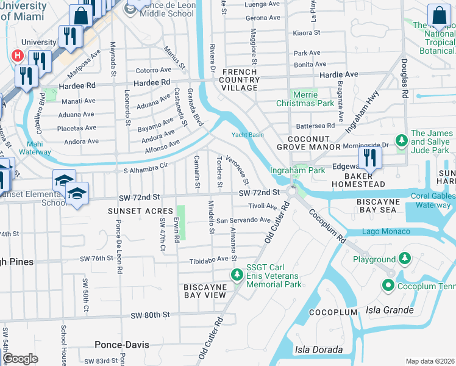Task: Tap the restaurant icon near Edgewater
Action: coord(370,157)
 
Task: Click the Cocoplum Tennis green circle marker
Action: coord(387,285)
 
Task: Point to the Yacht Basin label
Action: coord(247,135)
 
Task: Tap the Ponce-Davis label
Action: coord(122,345)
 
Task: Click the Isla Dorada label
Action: coord(318,350)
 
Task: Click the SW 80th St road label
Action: coord(149,315)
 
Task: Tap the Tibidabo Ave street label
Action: coord(208,259)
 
